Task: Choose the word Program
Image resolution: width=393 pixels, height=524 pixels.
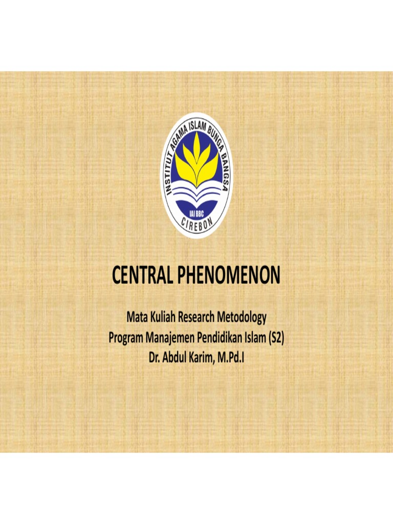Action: point(126,338)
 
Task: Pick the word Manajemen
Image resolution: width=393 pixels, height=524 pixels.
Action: point(171,338)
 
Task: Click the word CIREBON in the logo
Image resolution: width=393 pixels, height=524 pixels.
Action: point(196,225)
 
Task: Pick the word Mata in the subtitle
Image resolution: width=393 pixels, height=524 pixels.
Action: point(137,318)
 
